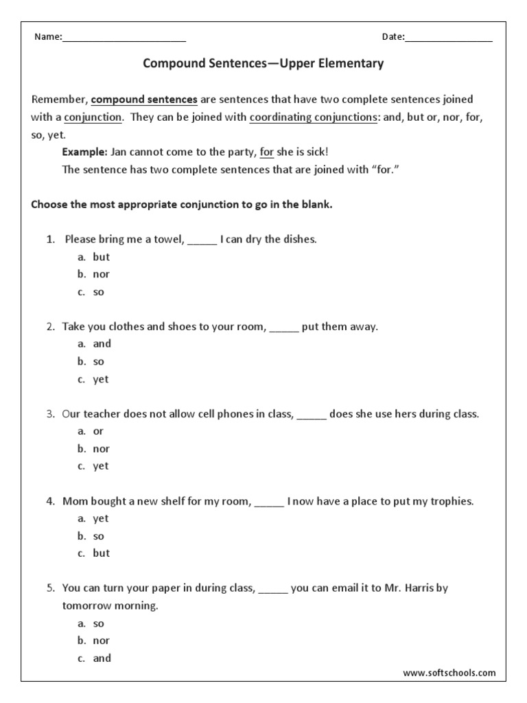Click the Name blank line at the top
pyautogui.click(x=124, y=38)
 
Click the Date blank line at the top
pyautogui.click(x=449, y=38)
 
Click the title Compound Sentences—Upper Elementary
pyautogui.click(x=263, y=64)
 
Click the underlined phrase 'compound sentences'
pyautogui.click(x=144, y=100)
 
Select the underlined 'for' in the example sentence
pyautogui.click(x=266, y=152)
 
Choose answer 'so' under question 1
pyautogui.click(x=99, y=292)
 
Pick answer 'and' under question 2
pyautogui.click(x=102, y=344)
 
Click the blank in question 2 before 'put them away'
pyautogui.click(x=284, y=327)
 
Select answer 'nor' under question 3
pyautogui.click(x=101, y=449)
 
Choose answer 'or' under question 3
pyautogui.click(x=98, y=431)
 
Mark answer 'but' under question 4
pyautogui.click(x=101, y=553)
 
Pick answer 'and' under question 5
pyautogui.click(x=102, y=658)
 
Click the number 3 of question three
pyautogui.click(x=50, y=414)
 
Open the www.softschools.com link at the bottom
pyautogui.click(x=449, y=673)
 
